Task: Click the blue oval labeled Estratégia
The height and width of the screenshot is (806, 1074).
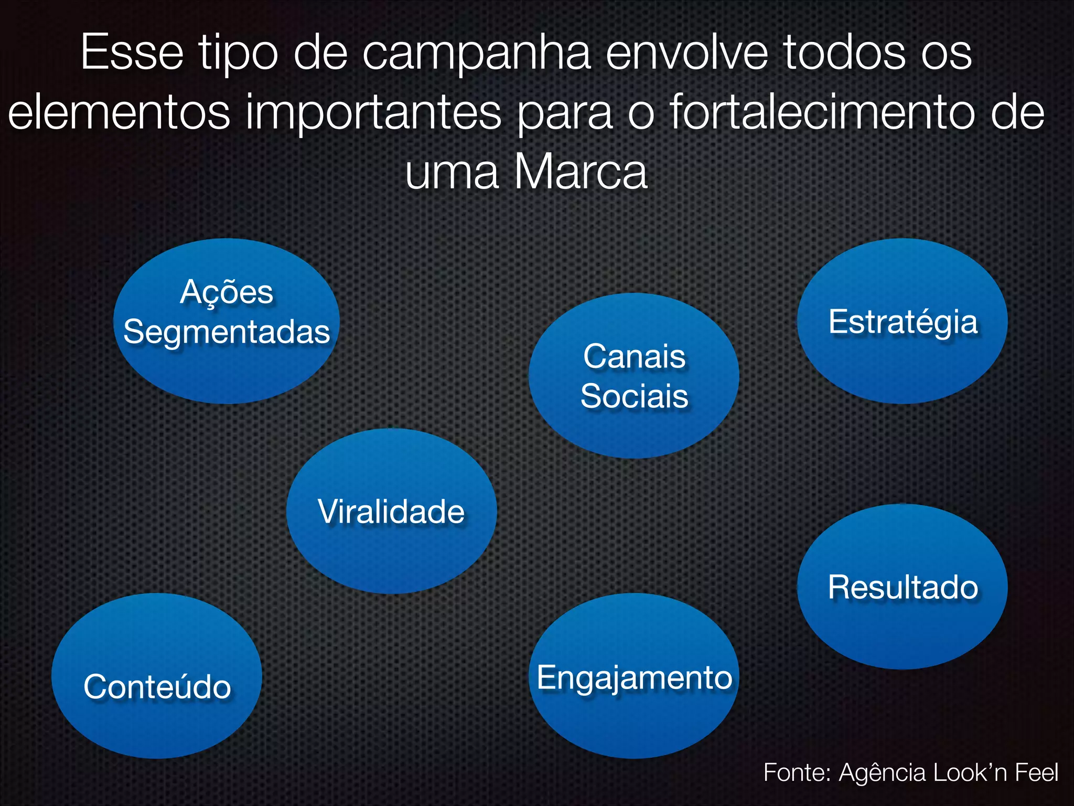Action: (x=902, y=321)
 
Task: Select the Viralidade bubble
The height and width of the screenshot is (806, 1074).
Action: (x=391, y=511)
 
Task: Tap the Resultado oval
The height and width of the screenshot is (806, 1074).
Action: (x=902, y=587)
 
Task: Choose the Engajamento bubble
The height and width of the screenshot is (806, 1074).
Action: (x=634, y=676)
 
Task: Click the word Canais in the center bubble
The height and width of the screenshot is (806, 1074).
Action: (x=634, y=357)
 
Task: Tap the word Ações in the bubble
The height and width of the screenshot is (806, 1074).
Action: (x=227, y=292)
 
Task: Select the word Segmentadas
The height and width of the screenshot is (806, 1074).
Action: (x=227, y=332)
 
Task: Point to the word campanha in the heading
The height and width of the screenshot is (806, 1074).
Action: (x=476, y=54)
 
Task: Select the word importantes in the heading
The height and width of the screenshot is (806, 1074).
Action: (x=373, y=112)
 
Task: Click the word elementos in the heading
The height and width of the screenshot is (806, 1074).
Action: (x=119, y=112)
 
